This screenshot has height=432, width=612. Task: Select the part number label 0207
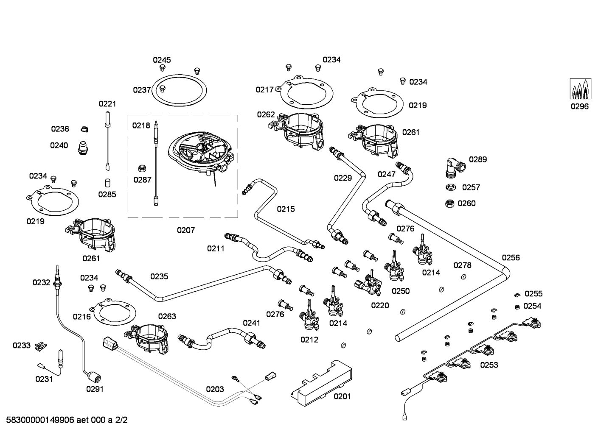coord(186,230)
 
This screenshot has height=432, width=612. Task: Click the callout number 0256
coord(511,258)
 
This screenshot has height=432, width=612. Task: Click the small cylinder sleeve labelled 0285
coord(107,183)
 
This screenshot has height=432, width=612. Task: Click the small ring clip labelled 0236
coord(84,129)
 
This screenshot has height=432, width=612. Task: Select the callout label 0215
coord(286,209)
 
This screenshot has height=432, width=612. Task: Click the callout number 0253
coord(489,365)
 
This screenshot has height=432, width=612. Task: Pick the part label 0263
coord(167,316)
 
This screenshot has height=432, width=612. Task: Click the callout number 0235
coord(159,276)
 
